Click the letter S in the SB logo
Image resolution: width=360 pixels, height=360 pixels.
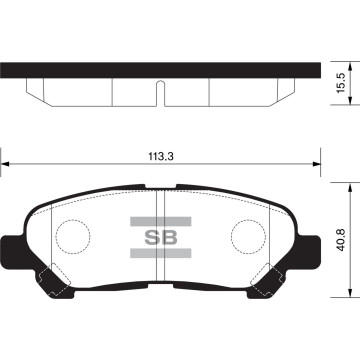click(153, 238)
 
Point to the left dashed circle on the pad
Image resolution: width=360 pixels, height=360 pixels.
click(71, 236)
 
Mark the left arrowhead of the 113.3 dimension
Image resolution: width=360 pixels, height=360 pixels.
click(5, 165)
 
